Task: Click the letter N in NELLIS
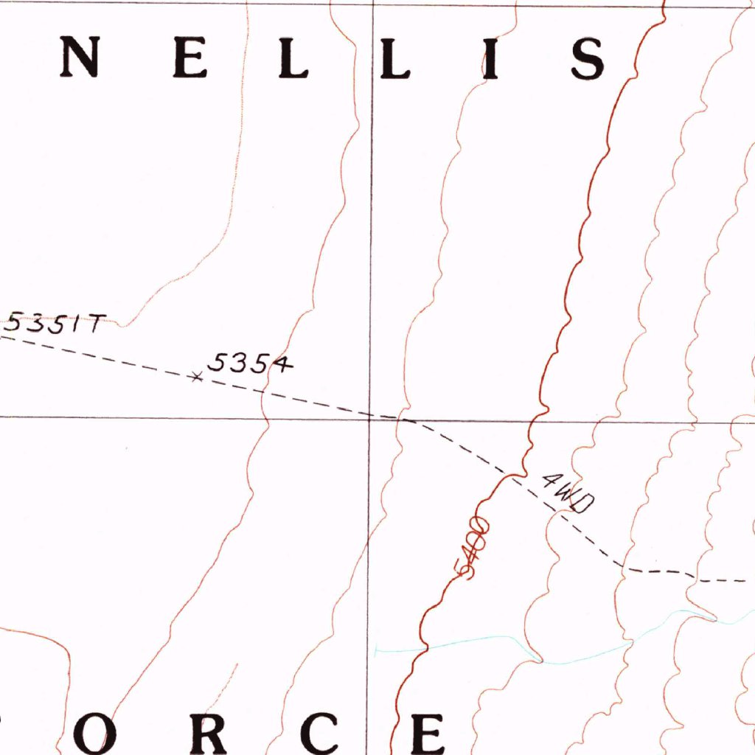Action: [x=79, y=58]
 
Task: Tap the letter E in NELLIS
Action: [x=189, y=58]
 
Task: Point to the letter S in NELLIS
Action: [x=588, y=58]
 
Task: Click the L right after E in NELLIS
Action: [x=293, y=58]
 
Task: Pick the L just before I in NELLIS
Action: [x=394, y=58]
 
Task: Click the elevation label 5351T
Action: [x=55, y=324]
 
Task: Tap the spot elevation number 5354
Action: [x=251, y=363]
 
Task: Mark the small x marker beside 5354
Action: [x=195, y=377]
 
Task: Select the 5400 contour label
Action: [x=473, y=549]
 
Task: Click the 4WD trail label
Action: [x=567, y=493]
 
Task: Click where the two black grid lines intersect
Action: [x=370, y=417]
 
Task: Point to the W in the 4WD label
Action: [x=566, y=494]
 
